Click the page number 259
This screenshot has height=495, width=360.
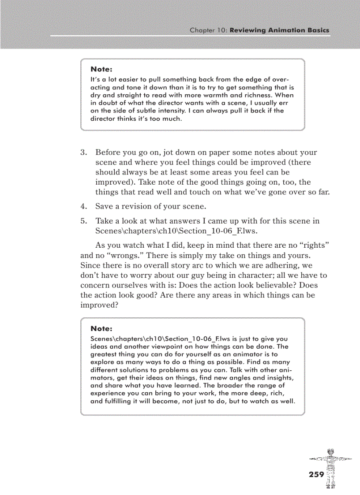316,474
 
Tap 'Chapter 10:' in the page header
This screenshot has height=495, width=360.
208,30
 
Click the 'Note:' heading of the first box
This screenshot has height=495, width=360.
101,69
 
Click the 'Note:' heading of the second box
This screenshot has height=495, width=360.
101,328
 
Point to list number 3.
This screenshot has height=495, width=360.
83,153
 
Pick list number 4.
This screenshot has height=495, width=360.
83,206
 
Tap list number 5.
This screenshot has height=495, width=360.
83,221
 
